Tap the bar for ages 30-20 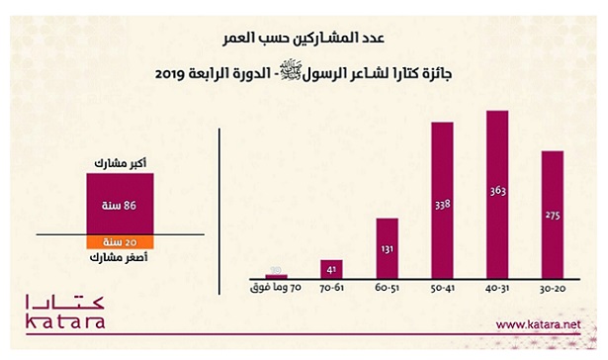[552, 214]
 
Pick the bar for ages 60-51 [389, 246]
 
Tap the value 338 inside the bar [444, 205]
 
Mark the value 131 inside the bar [389, 251]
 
